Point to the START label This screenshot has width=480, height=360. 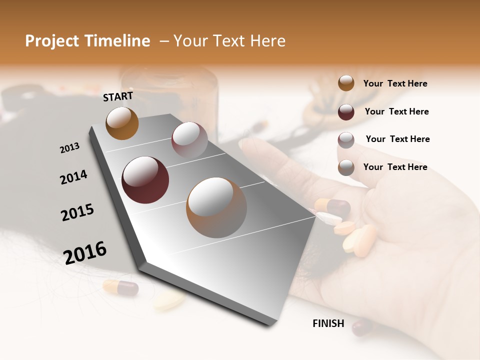(x=118, y=96)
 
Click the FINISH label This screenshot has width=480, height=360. (x=328, y=323)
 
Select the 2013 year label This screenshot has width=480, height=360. (x=69, y=148)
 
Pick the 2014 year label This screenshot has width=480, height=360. (x=73, y=177)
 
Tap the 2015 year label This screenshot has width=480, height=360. (x=77, y=212)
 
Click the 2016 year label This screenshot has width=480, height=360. (x=85, y=253)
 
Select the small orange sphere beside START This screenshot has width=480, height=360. (x=122, y=123)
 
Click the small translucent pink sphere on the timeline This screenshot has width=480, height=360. (x=189, y=140)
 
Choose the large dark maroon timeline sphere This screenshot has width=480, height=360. (x=145, y=180)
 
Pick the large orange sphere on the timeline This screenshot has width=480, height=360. (x=216, y=207)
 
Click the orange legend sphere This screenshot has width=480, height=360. (x=346, y=83)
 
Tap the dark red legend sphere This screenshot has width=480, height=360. (x=346, y=112)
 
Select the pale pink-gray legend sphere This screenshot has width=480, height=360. (x=346, y=140)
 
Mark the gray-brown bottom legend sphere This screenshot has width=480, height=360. (x=346, y=168)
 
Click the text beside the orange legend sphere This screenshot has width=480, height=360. (x=395, y=83)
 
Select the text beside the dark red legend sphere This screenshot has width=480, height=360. (x=396, y=111)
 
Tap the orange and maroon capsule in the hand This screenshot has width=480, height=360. (x=332, y=205)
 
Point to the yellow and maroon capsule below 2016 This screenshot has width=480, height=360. (x=120, y=287)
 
